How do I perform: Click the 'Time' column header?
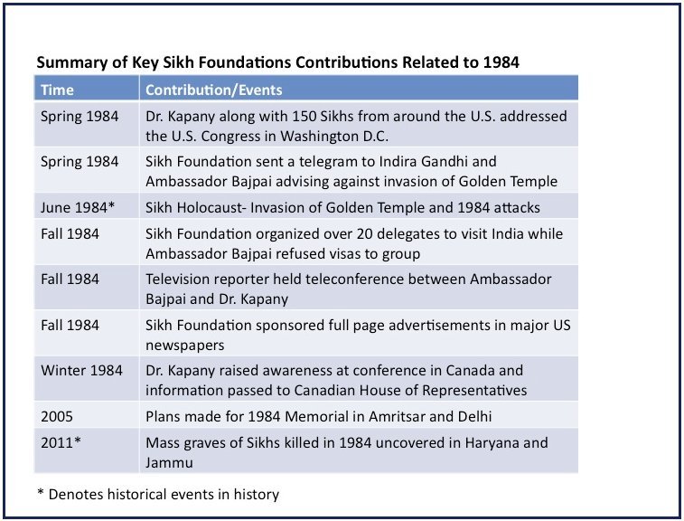coord(57,90)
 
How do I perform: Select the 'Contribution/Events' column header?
coord(213,90)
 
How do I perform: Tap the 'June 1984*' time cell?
coord(78,207)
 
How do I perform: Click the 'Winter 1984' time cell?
coord(80,371)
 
